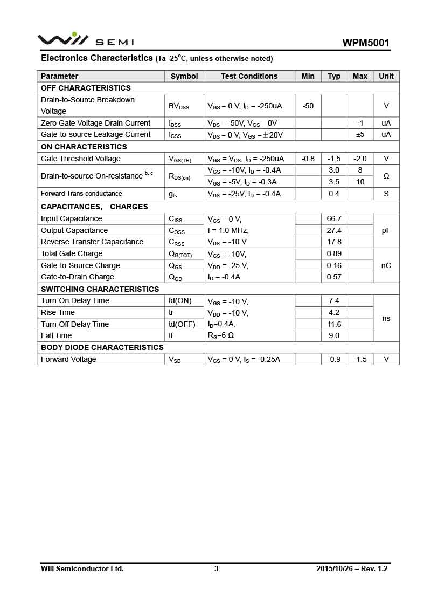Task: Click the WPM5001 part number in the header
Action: click(x=366, y=43)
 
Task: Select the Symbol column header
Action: click(x=184, y=76)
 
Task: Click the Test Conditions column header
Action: click(x=249, y=76)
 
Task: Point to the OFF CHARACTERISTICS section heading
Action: click(x=86, y=88)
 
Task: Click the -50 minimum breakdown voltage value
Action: click(x=308, y=106)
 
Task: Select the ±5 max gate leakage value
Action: click(x=360, y=134)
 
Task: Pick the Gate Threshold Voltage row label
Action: click(x=81, y=159)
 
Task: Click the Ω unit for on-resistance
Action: click(x=386, y=176)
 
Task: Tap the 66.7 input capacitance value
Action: click(x=334, y=218)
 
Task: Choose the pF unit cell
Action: click(x=386, y=230)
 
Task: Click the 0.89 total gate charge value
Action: click(x=334, y=253)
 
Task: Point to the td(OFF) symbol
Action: click(x=182, y=324)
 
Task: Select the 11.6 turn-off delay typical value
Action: click(x=334, y=324)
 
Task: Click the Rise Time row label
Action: click(x=58, y=312)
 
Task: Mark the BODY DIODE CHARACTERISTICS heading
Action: click(x=102, y=347)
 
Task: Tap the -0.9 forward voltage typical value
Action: click(x=334, y=359)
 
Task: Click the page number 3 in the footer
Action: click(x=217, y=568)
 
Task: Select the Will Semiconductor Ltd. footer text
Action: click(x=82, y=568)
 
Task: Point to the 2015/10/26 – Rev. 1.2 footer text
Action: click(x=352, y=568)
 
